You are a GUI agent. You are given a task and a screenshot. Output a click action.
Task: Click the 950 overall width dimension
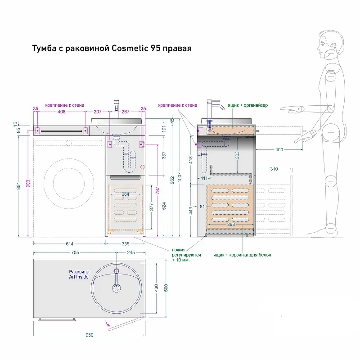pos(89,335)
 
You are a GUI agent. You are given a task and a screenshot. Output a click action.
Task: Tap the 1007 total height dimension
pos(180,177)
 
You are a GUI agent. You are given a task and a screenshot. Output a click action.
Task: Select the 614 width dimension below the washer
pos(70,244)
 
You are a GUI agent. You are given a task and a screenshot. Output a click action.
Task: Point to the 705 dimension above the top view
pos(75,252)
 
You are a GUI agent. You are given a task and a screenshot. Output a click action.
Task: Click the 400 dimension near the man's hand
pos(279,150)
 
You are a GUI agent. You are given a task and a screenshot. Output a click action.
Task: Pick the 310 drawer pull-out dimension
pos(274,169)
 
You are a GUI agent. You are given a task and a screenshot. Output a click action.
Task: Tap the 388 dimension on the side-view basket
pos(231,224)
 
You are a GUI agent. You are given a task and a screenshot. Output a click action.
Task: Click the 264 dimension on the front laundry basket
pos(126,194)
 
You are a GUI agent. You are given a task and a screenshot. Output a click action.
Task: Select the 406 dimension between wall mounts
pos(61,112)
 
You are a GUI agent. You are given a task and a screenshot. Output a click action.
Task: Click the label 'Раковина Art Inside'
pos(79,274)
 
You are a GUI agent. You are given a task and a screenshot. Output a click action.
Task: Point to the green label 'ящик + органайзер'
pos(248,105)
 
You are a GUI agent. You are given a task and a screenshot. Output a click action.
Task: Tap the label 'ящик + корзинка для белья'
pos(242,255)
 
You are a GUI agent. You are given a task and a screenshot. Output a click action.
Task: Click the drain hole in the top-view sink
pos(117,288)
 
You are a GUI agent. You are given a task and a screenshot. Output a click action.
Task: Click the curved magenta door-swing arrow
pos(108,324)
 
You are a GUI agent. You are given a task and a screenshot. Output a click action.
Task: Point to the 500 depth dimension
pos(166,288)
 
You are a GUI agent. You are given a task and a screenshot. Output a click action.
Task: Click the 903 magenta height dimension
pos(28,184)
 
